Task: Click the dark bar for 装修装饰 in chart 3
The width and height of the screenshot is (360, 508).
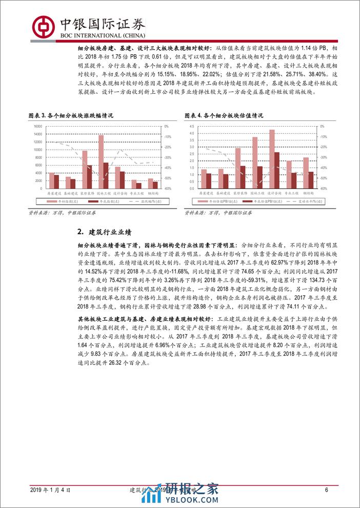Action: click(90, 176)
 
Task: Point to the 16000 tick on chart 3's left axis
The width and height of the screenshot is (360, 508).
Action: click(38, 127)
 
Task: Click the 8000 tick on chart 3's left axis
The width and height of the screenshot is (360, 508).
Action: click(39, 157)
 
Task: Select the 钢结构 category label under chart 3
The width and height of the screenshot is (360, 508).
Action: click(153, 194)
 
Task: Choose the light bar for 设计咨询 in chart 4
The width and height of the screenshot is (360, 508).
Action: click(272, 159)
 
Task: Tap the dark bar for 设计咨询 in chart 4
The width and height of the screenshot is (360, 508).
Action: click(277, 170)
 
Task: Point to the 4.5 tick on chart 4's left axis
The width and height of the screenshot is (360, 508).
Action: click(192, 127)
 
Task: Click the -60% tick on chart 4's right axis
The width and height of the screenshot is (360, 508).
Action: click(322, 189)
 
